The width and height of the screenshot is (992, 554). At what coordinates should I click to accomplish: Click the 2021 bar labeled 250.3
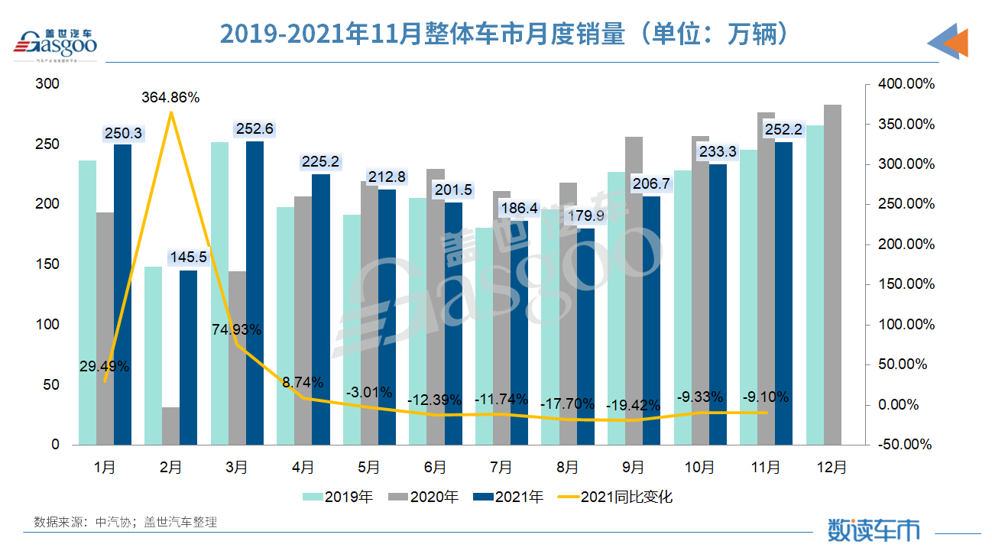coord(122,294)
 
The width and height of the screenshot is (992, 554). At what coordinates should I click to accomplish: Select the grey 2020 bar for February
coord(171,426)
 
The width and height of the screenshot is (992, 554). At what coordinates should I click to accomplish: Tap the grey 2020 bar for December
coord(832,274)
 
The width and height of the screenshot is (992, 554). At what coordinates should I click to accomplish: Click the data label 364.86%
coord(170,98)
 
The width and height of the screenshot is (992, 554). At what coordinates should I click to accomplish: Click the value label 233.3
coord(718,152)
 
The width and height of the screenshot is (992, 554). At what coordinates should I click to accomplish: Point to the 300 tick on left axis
coord(48,84)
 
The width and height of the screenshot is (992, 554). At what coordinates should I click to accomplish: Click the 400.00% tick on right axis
coord(906,84)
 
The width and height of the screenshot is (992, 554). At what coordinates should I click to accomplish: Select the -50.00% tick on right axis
coord(906,445)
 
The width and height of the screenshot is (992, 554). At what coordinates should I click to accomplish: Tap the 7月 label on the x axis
coord(501,467)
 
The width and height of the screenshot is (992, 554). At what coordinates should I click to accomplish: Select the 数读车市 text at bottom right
coord(874,530)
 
